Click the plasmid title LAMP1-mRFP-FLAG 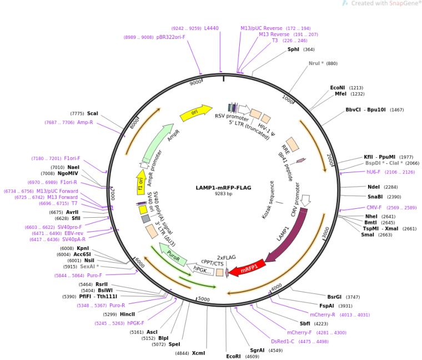pyautogui.click(x=223, y=188)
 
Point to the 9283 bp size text pyautogui.click(x=223, y=194)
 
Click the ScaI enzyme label pyautogui.click(x=92, y=113)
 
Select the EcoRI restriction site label pyautogui.click(x=234, y=356)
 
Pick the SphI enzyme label pyautogui.click(x=293, y=49)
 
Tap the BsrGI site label pyautogui.click(x=334, y=297)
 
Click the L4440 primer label pyautogui.click(x=212, y=28)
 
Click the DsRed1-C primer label pyautogui.click(x=283, y=341)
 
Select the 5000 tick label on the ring pyautogui.click(x=204, y=299)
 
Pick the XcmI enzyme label pyautogui.click(x=198, y=353)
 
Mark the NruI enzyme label pyautogui.click(x=316, y=63)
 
